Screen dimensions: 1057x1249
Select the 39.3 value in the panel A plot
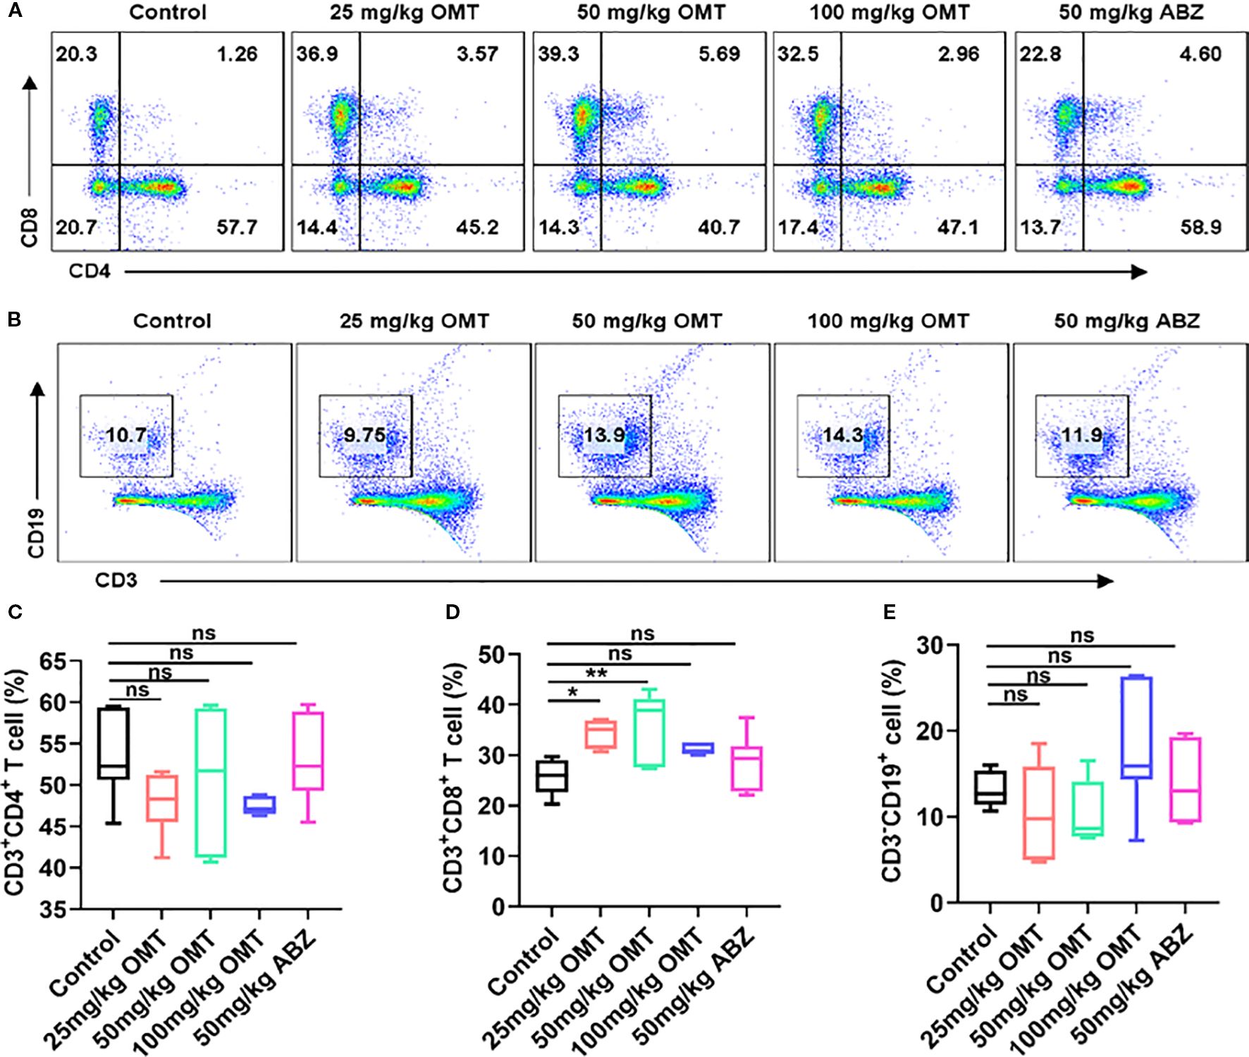pyautogui.click(x=558, y=54)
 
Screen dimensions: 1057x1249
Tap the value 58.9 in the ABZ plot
pyautogui.click(x=1200, y=227)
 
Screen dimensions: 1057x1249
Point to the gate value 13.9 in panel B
pyautogui.click(x=604, y=434)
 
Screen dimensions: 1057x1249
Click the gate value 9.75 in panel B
pyautogui.click(x=364, y=434)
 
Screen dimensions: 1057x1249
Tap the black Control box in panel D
pyautogui.click(x=552, y=776)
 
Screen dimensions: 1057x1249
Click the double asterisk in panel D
pyautogui.click(x=596, y=674)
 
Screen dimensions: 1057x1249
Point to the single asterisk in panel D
pyautogui.click(x=572, y=693)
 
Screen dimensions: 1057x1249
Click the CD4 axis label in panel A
pyautogui.click(x=90, y=271)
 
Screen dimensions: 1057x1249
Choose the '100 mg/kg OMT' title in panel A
pyautogui.click(x=889, y=12)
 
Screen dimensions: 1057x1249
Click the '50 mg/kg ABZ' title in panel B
pyautogui.click(x=1126, y=321)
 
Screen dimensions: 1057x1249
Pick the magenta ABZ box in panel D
pyautogui.click(x=746, y=769)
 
